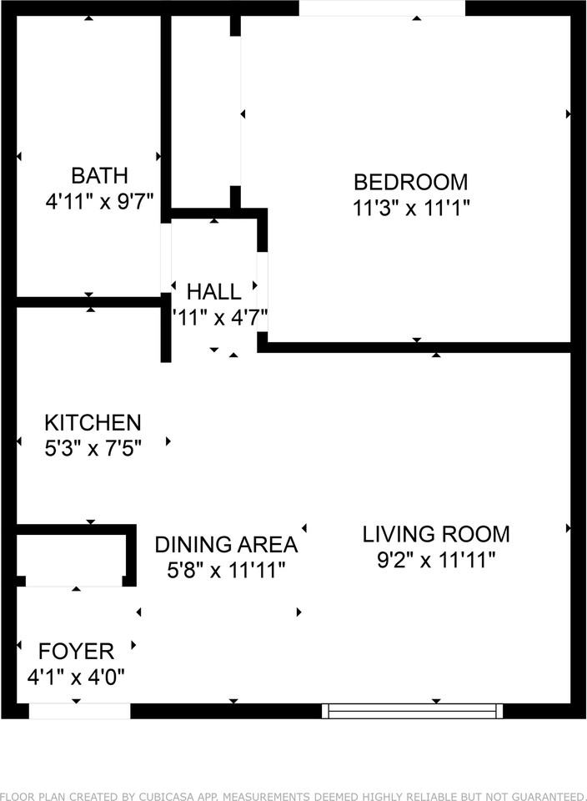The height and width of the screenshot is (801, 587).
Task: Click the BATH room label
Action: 99,175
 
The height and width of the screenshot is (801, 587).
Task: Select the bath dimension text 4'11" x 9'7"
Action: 99,202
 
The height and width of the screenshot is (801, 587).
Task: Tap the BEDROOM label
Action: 410,181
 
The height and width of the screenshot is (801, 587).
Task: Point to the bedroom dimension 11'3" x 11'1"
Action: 410,208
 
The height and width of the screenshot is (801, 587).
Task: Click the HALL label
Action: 214,291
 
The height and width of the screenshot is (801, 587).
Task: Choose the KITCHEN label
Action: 93,422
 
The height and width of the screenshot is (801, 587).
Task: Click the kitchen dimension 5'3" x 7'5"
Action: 93,449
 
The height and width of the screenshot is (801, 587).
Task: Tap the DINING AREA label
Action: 226,545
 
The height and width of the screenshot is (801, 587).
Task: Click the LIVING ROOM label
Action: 436,533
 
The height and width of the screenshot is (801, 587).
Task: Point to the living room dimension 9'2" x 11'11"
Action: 436,560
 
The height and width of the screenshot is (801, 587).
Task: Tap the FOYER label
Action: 76,650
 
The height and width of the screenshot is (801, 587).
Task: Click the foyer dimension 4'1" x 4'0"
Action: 76,677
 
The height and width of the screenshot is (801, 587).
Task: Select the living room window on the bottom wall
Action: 413,711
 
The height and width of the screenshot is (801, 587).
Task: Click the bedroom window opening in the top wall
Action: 382,8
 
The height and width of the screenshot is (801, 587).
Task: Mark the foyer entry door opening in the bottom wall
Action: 79,711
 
